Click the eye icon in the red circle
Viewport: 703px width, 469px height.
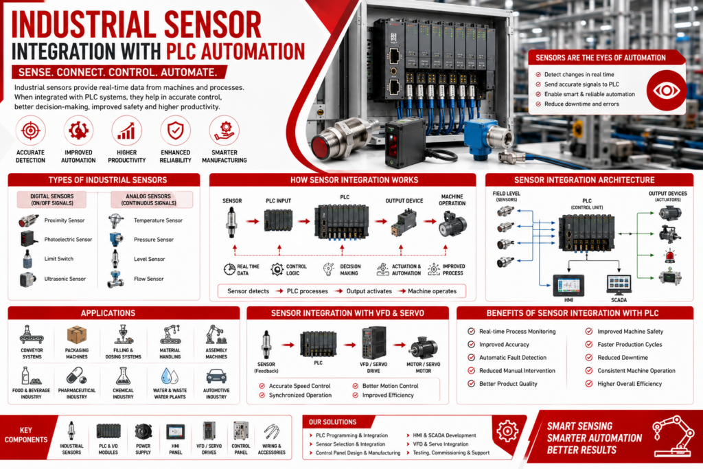tap(666, 91)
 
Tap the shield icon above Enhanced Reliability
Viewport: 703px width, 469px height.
tap(175, 131)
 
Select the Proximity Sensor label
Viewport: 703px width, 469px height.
tap(64, 220)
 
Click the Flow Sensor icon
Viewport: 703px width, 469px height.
tap(115, 279)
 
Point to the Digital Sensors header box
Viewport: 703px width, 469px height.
tap(52, 200)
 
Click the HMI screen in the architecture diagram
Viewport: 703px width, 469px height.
tap(568, 285)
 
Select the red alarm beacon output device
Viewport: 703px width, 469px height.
tap(670, 256)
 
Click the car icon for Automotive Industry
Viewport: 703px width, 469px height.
tap(216, 376)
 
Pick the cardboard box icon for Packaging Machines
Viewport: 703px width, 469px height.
tap(77, 335)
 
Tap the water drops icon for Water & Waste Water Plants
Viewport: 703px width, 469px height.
tap(170, 376)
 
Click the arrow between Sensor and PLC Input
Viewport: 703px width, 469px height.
tap(253, 221)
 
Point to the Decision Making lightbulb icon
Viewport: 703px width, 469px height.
tap(329, 269)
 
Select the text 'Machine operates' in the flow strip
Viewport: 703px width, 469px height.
tap(433, 291)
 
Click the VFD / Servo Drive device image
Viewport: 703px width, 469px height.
tap(373, 343)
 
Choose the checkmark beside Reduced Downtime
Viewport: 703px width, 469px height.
tap(588, 357)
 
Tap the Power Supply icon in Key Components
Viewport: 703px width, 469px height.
tap(143, 432)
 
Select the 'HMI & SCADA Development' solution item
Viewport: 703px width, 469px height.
tap(444, 435)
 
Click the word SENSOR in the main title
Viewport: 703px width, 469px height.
tap(213, 25)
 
